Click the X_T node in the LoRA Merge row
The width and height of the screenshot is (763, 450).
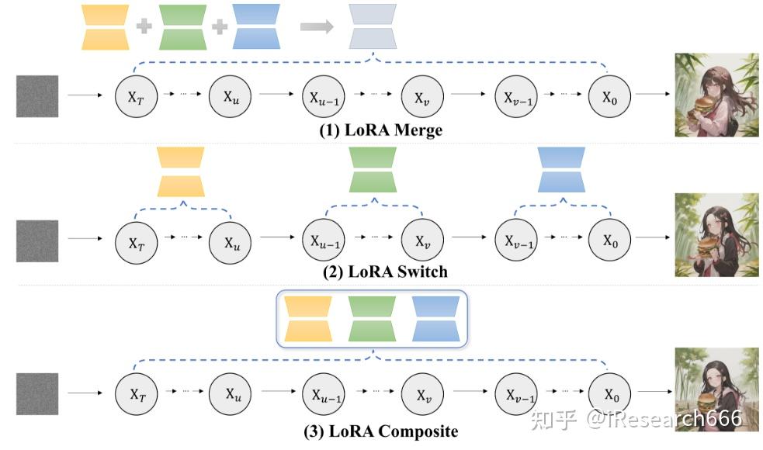[x=136, y=97]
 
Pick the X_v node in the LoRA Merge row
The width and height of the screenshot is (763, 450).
[x=421, y=97]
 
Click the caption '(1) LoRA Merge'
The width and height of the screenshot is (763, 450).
[x=381, y=130]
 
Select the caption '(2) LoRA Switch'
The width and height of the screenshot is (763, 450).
[x=381, y=272]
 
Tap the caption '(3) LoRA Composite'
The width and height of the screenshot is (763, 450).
[x=381, y=431]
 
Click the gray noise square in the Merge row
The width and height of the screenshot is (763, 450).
[x=37, y=96]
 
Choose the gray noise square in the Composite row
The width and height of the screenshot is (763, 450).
[x=37, y=394]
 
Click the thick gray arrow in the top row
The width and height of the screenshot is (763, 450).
[x=317, y=26]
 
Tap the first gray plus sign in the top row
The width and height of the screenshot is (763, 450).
[x=143, y=26]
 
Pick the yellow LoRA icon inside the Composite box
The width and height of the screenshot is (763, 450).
[x=308, y=319]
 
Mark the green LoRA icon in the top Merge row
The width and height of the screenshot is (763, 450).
[x=182, y=26]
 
